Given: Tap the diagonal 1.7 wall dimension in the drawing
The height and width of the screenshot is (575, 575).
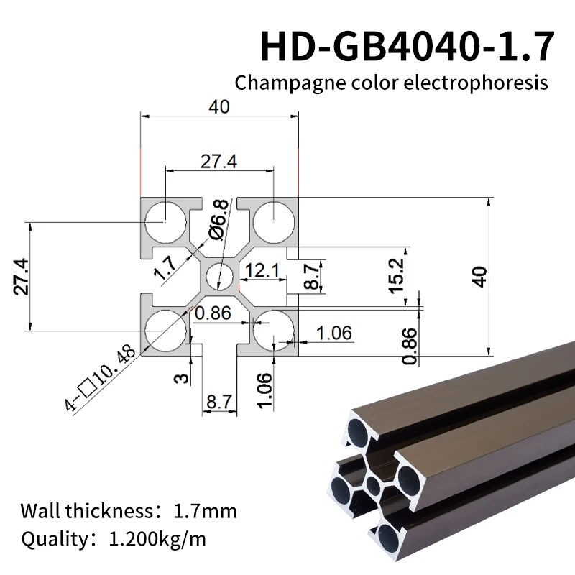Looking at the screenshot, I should (165, 268).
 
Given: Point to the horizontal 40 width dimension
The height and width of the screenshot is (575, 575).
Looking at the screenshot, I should (218, 106).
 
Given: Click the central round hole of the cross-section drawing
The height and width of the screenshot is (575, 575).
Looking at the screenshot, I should (219, 276).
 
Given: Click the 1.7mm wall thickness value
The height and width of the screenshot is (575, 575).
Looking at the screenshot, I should (205, 512).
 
